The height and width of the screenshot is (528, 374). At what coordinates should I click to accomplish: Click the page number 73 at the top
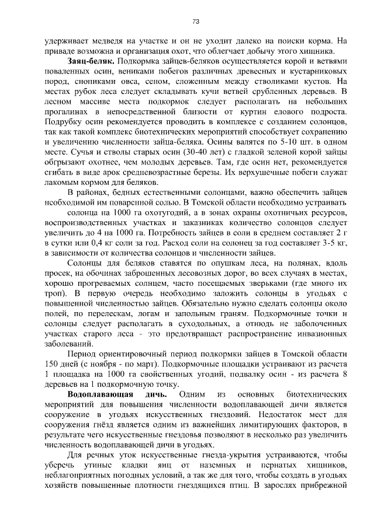(x=196, y=22)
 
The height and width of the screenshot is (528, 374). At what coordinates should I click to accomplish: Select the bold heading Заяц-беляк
(x=91, y=60)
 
